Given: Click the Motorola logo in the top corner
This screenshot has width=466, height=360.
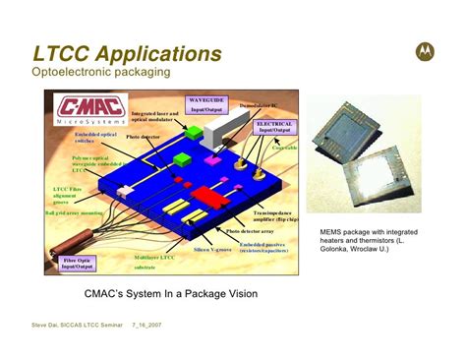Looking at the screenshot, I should coord(424,50).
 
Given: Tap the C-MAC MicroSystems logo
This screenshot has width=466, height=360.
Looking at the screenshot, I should coord(90,110).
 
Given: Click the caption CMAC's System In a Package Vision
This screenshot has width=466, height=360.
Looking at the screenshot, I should coord(171,293).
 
